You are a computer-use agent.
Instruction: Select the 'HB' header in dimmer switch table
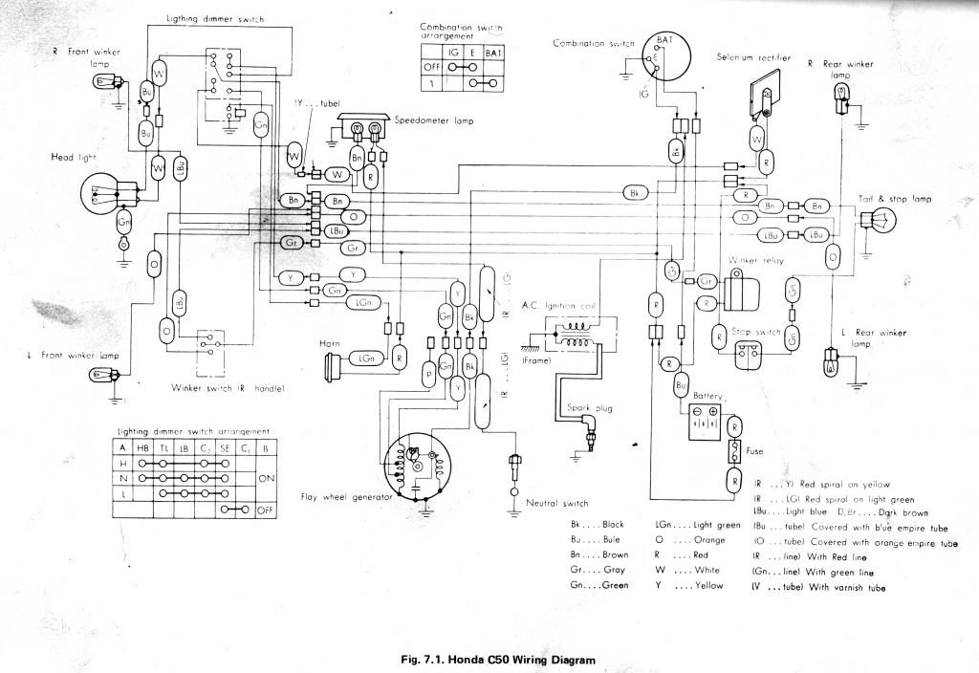tap(142, 445)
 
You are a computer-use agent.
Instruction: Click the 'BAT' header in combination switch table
tap(494, 51)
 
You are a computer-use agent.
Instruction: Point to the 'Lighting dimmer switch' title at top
tap(214, 18)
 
